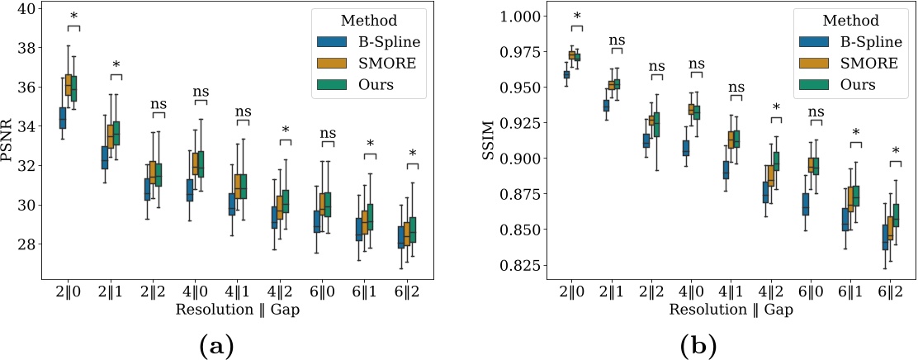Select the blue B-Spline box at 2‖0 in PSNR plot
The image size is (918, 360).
point(61,118)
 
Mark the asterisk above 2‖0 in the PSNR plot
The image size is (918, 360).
point(73,17)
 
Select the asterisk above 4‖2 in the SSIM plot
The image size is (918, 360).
point(776,107)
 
